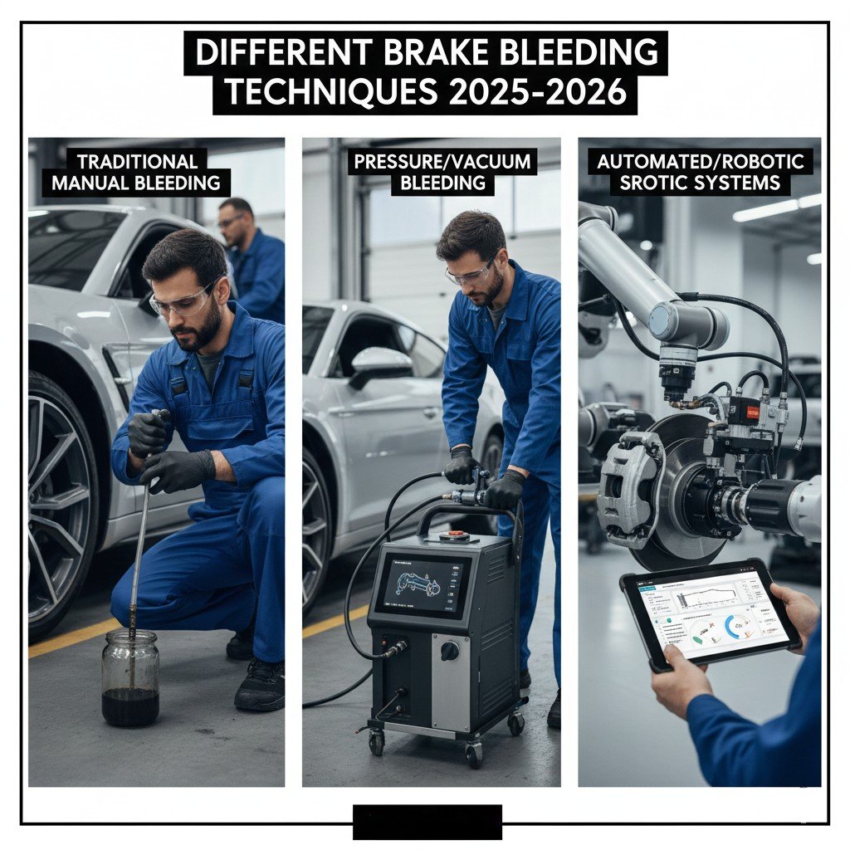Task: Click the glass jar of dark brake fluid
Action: [129, 678]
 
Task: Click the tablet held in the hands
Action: [710, 618]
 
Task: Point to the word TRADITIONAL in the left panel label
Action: [139, 161]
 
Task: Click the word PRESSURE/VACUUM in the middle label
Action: [442, 161]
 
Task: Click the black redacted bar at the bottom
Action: [427, 822]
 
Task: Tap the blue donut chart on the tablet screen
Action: [735, 626]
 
